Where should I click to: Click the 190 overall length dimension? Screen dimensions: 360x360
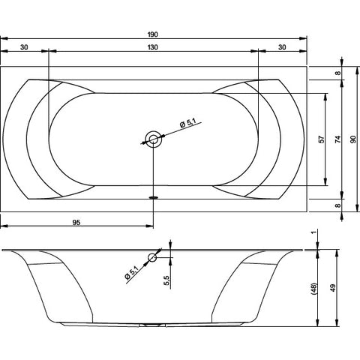152,34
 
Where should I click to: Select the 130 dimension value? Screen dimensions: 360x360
152,47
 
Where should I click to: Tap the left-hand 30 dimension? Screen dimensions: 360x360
24,47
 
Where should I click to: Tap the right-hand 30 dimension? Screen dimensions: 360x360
282,47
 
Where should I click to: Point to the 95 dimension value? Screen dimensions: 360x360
76,222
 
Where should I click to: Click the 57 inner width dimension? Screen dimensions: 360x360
322,139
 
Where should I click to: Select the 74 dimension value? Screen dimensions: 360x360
337,139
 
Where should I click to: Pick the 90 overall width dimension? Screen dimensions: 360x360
352,139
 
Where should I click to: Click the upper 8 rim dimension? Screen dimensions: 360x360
337,73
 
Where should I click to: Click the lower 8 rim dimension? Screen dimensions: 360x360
337,205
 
